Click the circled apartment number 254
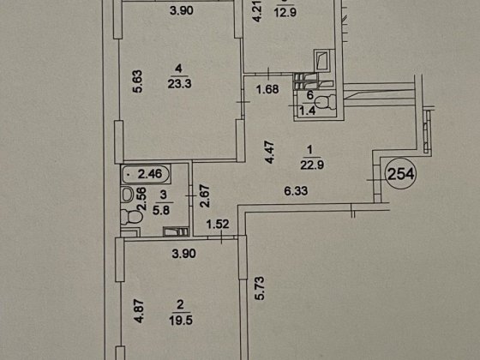401,175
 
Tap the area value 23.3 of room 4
178,84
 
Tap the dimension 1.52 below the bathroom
218,226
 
